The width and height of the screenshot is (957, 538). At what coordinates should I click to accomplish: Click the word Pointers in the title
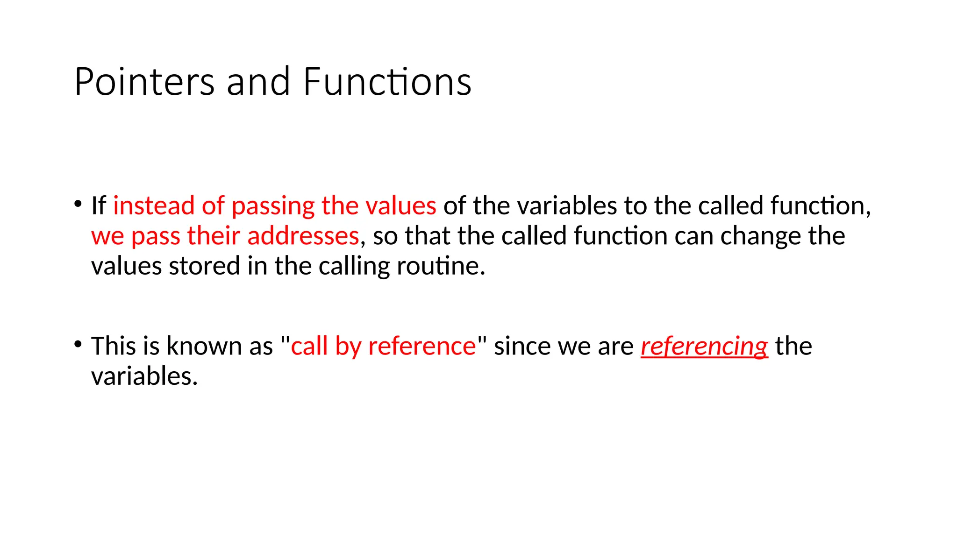click(144, 82)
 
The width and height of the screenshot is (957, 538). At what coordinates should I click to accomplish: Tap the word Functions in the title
click(387, 82)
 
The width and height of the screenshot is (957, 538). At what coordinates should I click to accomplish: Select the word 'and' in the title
click(258, 82)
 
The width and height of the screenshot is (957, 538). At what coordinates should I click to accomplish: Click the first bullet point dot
click(78, 204)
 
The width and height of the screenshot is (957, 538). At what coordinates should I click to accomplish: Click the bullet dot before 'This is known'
click(78, 345)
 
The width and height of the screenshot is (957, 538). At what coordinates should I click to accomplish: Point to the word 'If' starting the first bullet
click(98, 206)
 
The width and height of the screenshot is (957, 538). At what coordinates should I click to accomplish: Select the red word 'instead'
click(154, 206)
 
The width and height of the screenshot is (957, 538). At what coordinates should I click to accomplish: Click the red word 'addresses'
click(303, 236)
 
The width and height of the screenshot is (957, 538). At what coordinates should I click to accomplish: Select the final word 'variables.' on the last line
click(144, 376)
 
